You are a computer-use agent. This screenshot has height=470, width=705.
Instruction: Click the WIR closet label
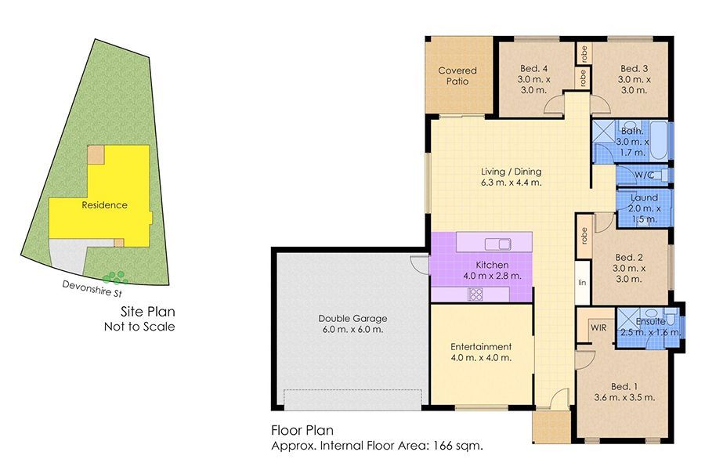point(599,327)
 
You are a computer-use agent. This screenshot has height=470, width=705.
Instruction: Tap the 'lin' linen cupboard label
point(582,282)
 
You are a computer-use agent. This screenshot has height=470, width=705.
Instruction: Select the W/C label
point(644,175)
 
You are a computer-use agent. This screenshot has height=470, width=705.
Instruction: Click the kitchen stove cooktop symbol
point(475,294)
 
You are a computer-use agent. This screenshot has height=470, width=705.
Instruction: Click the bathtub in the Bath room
point(660,141)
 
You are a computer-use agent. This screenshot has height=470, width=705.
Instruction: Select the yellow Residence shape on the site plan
point(105,205)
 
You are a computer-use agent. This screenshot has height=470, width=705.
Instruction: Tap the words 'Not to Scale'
point(139,326)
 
